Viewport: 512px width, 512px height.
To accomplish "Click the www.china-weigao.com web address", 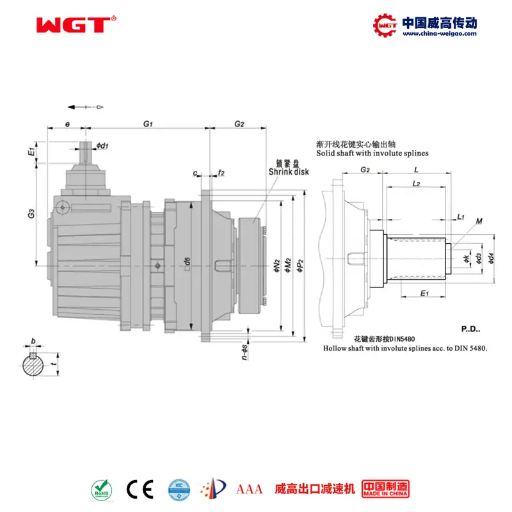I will [x=439, y=35].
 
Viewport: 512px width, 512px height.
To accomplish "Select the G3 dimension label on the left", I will [x=31, y=216].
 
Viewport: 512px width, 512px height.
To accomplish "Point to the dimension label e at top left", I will [x=67, y=123].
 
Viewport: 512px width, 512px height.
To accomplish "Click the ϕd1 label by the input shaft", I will [x=103, y=146].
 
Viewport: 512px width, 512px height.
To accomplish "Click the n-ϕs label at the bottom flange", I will [x=245, y=349].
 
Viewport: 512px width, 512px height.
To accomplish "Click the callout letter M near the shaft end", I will [x=479, y=221].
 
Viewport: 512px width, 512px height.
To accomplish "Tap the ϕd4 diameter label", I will [x=490, y=258].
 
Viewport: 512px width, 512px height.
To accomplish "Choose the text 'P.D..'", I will [x=470, y=330].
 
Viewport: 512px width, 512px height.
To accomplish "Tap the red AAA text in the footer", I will [x=250, y=490].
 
